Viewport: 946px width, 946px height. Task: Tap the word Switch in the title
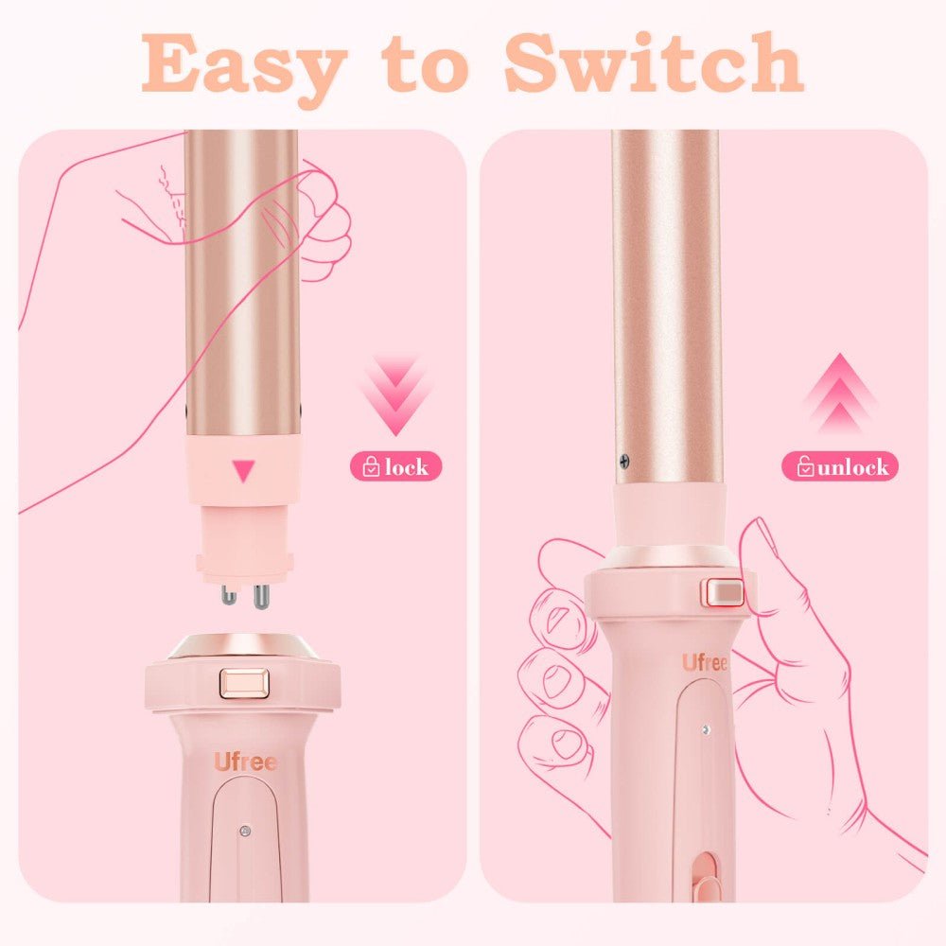[652, 62]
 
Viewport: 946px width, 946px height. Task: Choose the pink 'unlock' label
[839, 466]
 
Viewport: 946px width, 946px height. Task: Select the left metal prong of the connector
[228, 595]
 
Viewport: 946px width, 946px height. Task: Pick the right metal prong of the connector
[258, 595]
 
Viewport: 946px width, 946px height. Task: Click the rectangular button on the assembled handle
[722, 592]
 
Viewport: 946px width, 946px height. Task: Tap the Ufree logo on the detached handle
[245, 762]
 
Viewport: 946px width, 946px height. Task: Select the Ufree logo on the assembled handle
[705, 663]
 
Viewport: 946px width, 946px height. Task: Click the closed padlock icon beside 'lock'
[371, 466]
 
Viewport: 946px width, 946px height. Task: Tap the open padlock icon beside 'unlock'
[805, 466]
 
